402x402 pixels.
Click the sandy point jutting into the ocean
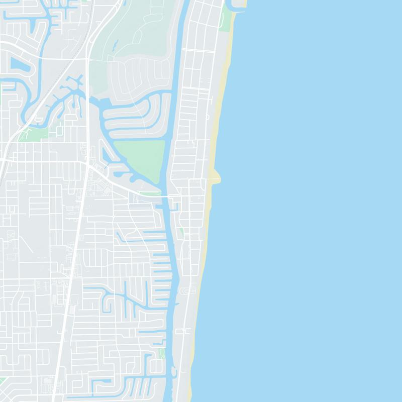click(x=217, y=176)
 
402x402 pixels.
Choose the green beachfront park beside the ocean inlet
click(x=228, y=18)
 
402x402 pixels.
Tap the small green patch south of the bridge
click(x=181, y=233)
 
